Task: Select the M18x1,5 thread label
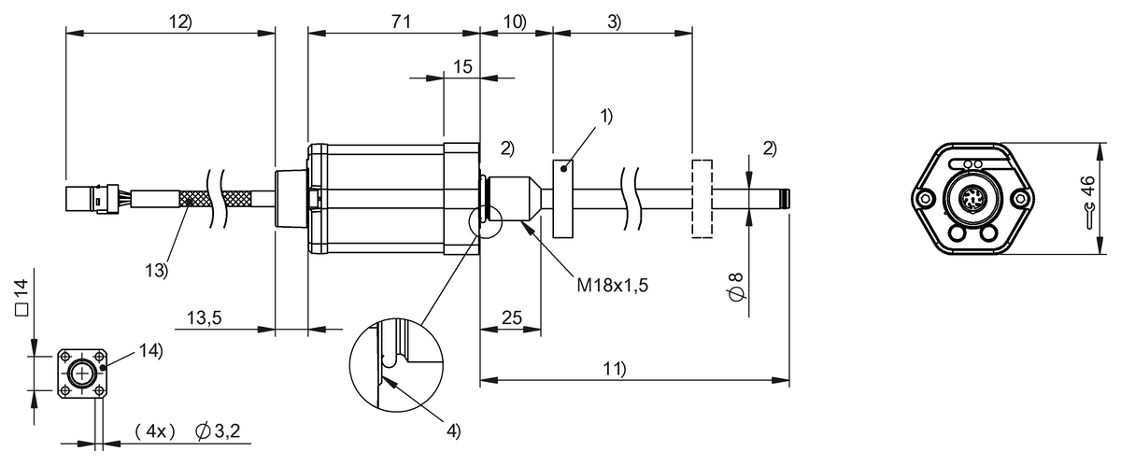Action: pyautogui.click(x=611, y=284)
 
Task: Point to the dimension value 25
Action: pyautogui.click(x=511, y=318)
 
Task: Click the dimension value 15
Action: pyautogui.click(x=462, y=67)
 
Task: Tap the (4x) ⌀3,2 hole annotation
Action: pyautogui.click(x=187, y=431)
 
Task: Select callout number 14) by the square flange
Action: pyautogui.click(x=150, y=351)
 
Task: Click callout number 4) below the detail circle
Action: pyautogui.click(x=452, y=430)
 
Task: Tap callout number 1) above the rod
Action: pyautogui.click(x=606, y=117)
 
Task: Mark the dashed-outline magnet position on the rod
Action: pyautogui.click(x=701, y=198)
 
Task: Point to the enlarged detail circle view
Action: pyautogui.click(x=393, y=368)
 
